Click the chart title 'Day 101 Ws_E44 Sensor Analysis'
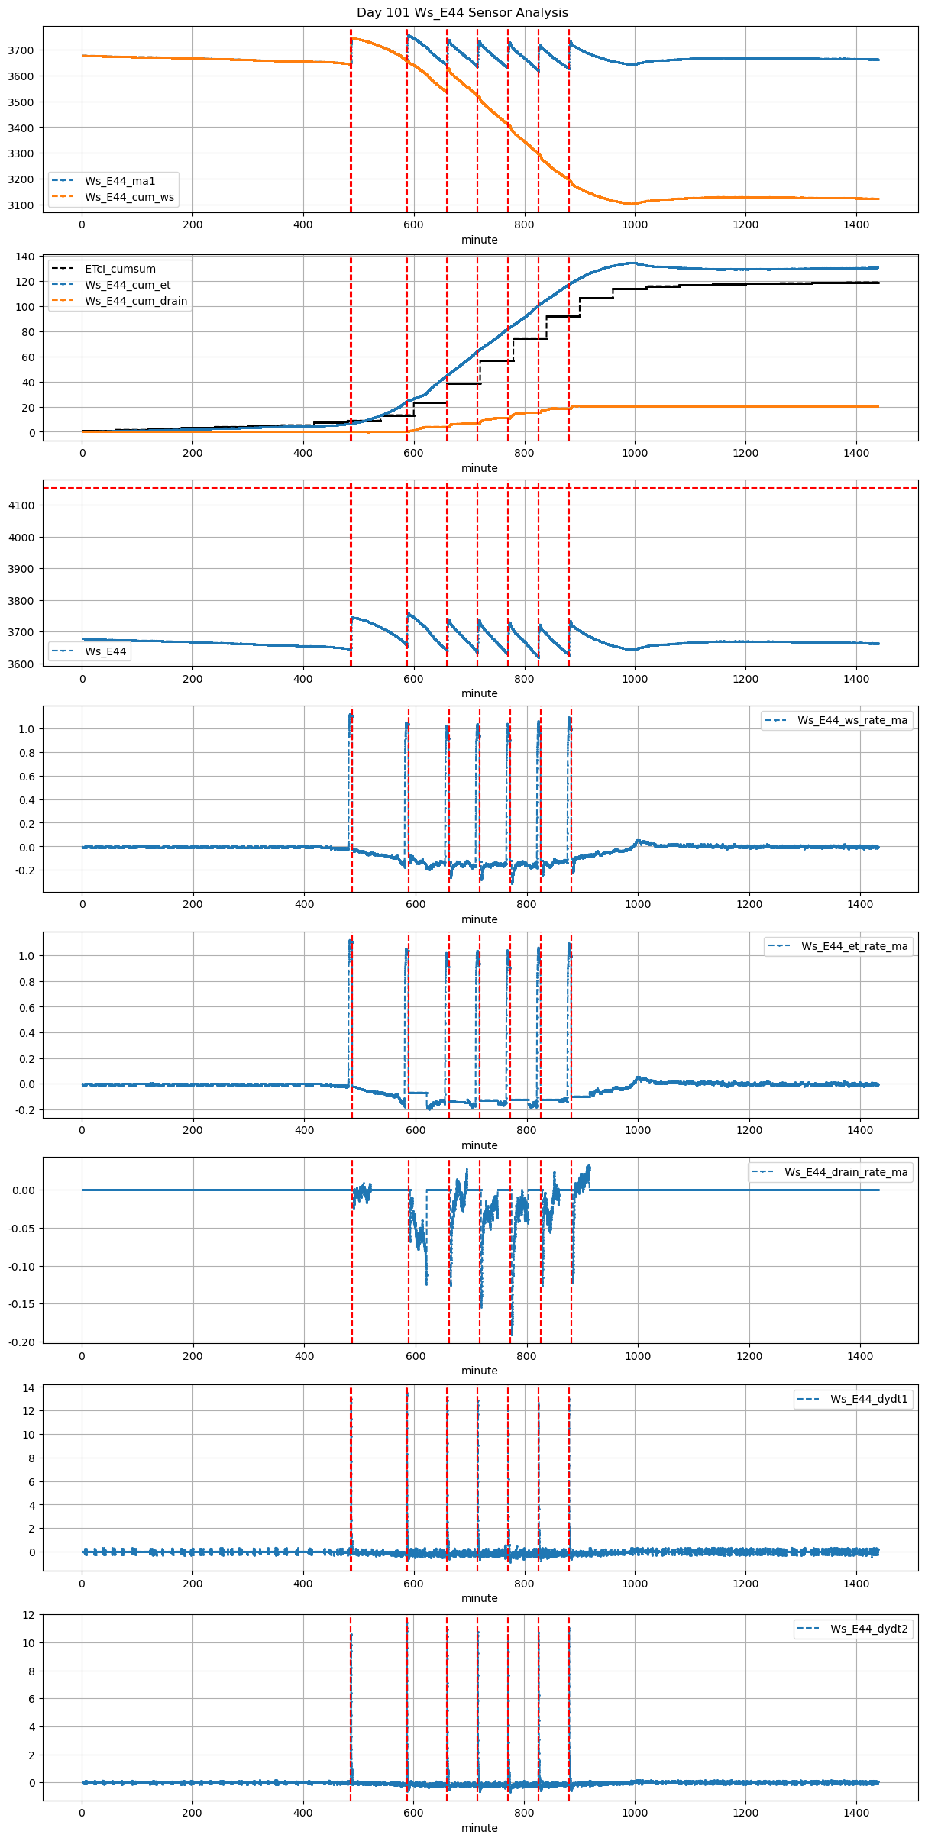[462, 13]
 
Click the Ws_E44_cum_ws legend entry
[129, 197]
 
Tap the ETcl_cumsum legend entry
[120, 269]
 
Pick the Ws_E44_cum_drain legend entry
[136, 301]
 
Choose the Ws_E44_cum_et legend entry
[128, 285]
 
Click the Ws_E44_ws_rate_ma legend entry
[852, 720]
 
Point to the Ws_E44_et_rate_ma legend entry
[854, 946]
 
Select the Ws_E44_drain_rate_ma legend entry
[846, 1172]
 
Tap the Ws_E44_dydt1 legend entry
[869, 1399]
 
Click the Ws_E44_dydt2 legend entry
[869, 1629]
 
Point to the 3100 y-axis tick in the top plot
[21, 205]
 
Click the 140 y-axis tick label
[26, 257]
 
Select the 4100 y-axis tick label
[21, 505]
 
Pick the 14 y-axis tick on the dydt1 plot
[28, 1388]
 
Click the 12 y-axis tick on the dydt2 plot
[28, 1615]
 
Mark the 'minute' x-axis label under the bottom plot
[480, 1828]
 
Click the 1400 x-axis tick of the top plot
[856, 224]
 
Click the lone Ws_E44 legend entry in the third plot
[105, 651]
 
